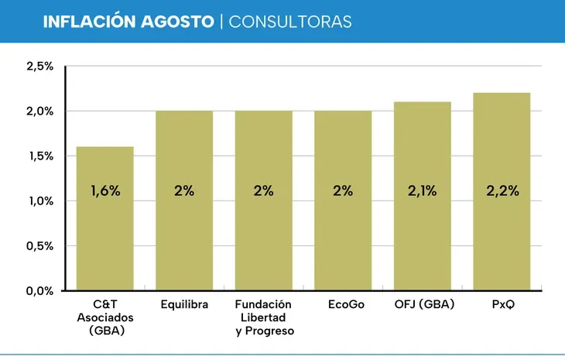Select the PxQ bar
(x=502, y=232)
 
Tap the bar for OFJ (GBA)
(x=423, y=232)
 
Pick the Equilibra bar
(x=184, y=232)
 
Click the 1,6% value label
(x=105, y=191)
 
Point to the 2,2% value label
(x=502, y=191)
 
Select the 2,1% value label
(x=423, y=191)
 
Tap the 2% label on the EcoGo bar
(x=343, y=191)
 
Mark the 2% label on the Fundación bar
(x=264, y=191)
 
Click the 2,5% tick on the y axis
(x=39, y=67)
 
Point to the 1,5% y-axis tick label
(x=39, y=156)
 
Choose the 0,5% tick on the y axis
(x=39, y=246)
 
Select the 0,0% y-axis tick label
(x=39, y=291)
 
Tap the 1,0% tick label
(x=39, y=201)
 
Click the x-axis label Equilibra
(x=184, y=305)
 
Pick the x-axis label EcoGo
(x=343, y=305)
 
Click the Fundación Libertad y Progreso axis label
(x=264, y=318)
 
